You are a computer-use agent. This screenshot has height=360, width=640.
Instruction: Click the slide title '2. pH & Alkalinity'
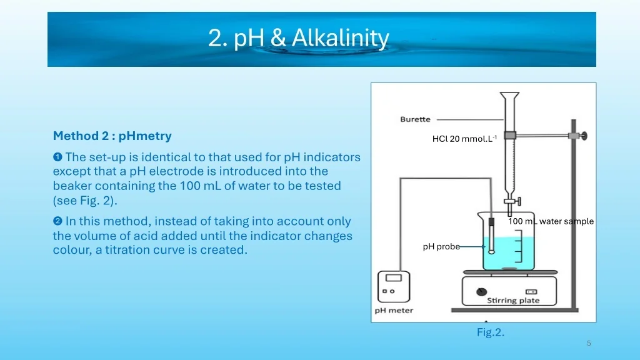(298, 38)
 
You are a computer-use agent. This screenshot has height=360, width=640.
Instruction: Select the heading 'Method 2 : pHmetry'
(112, 136)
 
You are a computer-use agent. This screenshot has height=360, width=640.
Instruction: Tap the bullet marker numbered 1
(57, 157)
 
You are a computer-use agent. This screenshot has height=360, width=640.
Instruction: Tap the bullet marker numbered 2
(57, 221)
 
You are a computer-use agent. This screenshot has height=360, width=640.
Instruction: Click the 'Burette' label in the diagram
(415, 119)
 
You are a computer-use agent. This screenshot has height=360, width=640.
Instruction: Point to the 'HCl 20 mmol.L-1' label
(464, 139)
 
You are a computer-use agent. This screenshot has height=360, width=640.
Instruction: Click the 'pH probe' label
(441, 246)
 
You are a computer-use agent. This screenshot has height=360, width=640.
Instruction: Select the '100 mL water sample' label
(551, 221)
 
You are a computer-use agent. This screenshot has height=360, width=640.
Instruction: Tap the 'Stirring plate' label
(513, 301)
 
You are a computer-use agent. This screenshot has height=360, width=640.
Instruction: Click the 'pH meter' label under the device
(394, 310)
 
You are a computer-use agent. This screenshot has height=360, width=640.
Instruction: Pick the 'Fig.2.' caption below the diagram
(491, 332)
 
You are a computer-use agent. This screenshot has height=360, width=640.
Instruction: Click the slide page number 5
(589, 343)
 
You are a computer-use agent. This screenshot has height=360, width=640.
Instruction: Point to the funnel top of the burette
(510, 96)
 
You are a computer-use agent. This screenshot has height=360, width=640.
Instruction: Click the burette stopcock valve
(512, 201)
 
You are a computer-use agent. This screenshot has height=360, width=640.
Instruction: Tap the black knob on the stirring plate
(482, 291)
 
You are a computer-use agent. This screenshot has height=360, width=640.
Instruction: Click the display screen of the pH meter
(394, 277)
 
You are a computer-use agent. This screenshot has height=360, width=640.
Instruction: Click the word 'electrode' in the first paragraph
(167, 171)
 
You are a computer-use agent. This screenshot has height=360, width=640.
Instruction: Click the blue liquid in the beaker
(508, 253)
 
